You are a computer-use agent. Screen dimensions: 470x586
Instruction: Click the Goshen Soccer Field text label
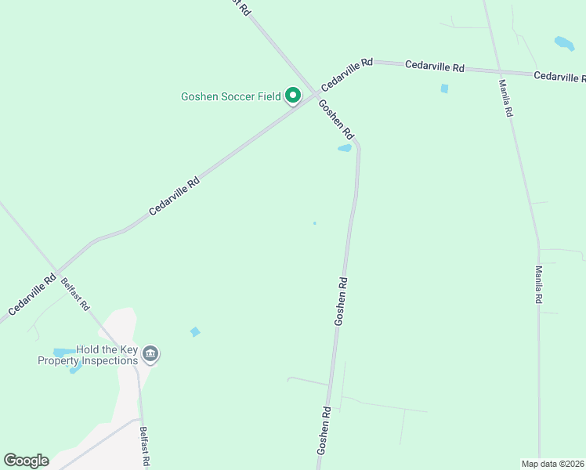pos(230,97)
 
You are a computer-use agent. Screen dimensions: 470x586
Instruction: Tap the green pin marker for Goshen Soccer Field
pos(293,96)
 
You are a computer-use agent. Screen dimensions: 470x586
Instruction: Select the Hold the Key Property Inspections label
pos(89,356)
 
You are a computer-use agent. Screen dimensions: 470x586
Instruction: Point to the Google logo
pos(26,461)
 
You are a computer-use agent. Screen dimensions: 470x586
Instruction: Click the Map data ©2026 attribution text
pos(552,464)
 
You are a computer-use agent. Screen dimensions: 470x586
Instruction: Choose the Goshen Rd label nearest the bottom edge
pos(324,430)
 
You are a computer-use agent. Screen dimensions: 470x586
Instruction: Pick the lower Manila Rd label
pos(540,284)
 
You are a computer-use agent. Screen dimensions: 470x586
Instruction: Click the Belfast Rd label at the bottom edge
pos(144,446)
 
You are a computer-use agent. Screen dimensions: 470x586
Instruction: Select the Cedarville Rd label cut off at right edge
pos(559,77)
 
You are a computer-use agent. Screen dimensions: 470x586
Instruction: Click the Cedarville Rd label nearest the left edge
pos(32,294)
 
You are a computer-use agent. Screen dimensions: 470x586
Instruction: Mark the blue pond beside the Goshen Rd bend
pos(345,148)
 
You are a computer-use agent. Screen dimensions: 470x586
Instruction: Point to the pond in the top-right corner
pos(564,43)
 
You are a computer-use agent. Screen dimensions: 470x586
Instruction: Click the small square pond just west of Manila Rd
pos(444,89)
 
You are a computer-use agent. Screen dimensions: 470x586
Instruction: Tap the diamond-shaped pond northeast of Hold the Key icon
pos(195,332)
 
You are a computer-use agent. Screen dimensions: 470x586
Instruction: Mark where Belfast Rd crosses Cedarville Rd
pos(57,267)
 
